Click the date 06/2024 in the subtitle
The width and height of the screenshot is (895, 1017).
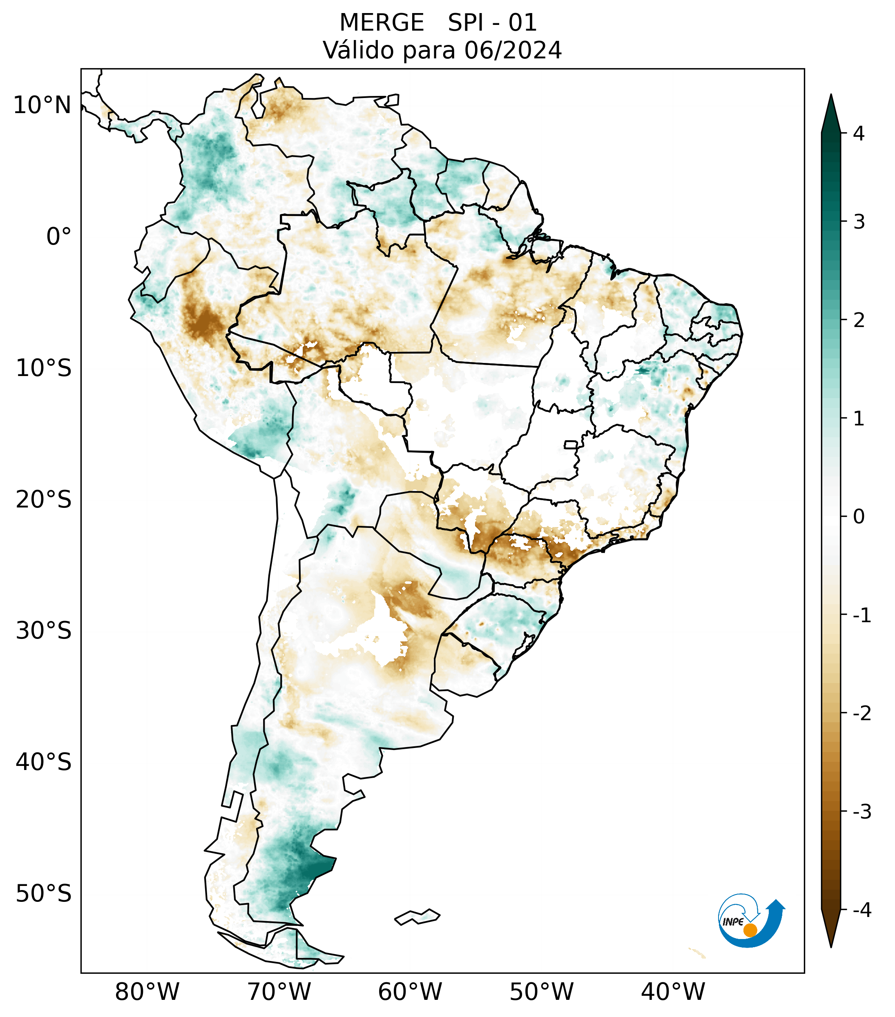[513, 50]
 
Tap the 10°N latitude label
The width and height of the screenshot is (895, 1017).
[42, 105]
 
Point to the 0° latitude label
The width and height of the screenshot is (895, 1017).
[59, 236]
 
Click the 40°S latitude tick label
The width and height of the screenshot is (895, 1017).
[44, 762]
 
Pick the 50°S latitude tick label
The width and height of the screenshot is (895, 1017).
[44, 894]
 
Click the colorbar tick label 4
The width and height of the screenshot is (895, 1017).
[859, 134]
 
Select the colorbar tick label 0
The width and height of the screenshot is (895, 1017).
[859, 516]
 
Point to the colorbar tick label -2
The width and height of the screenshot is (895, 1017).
[862, 713]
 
